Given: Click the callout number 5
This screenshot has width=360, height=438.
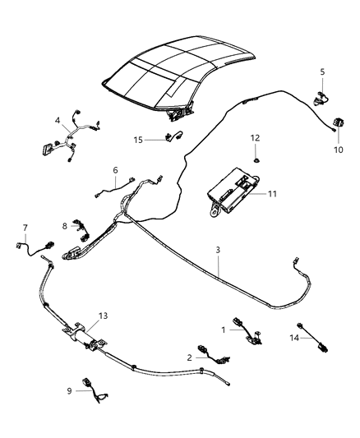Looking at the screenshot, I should click(321, 71).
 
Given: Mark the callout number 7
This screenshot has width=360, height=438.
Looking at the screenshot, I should click(25, 228).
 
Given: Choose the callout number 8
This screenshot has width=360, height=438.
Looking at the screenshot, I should click(64, 225).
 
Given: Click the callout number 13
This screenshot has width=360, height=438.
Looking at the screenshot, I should click(102, 316).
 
